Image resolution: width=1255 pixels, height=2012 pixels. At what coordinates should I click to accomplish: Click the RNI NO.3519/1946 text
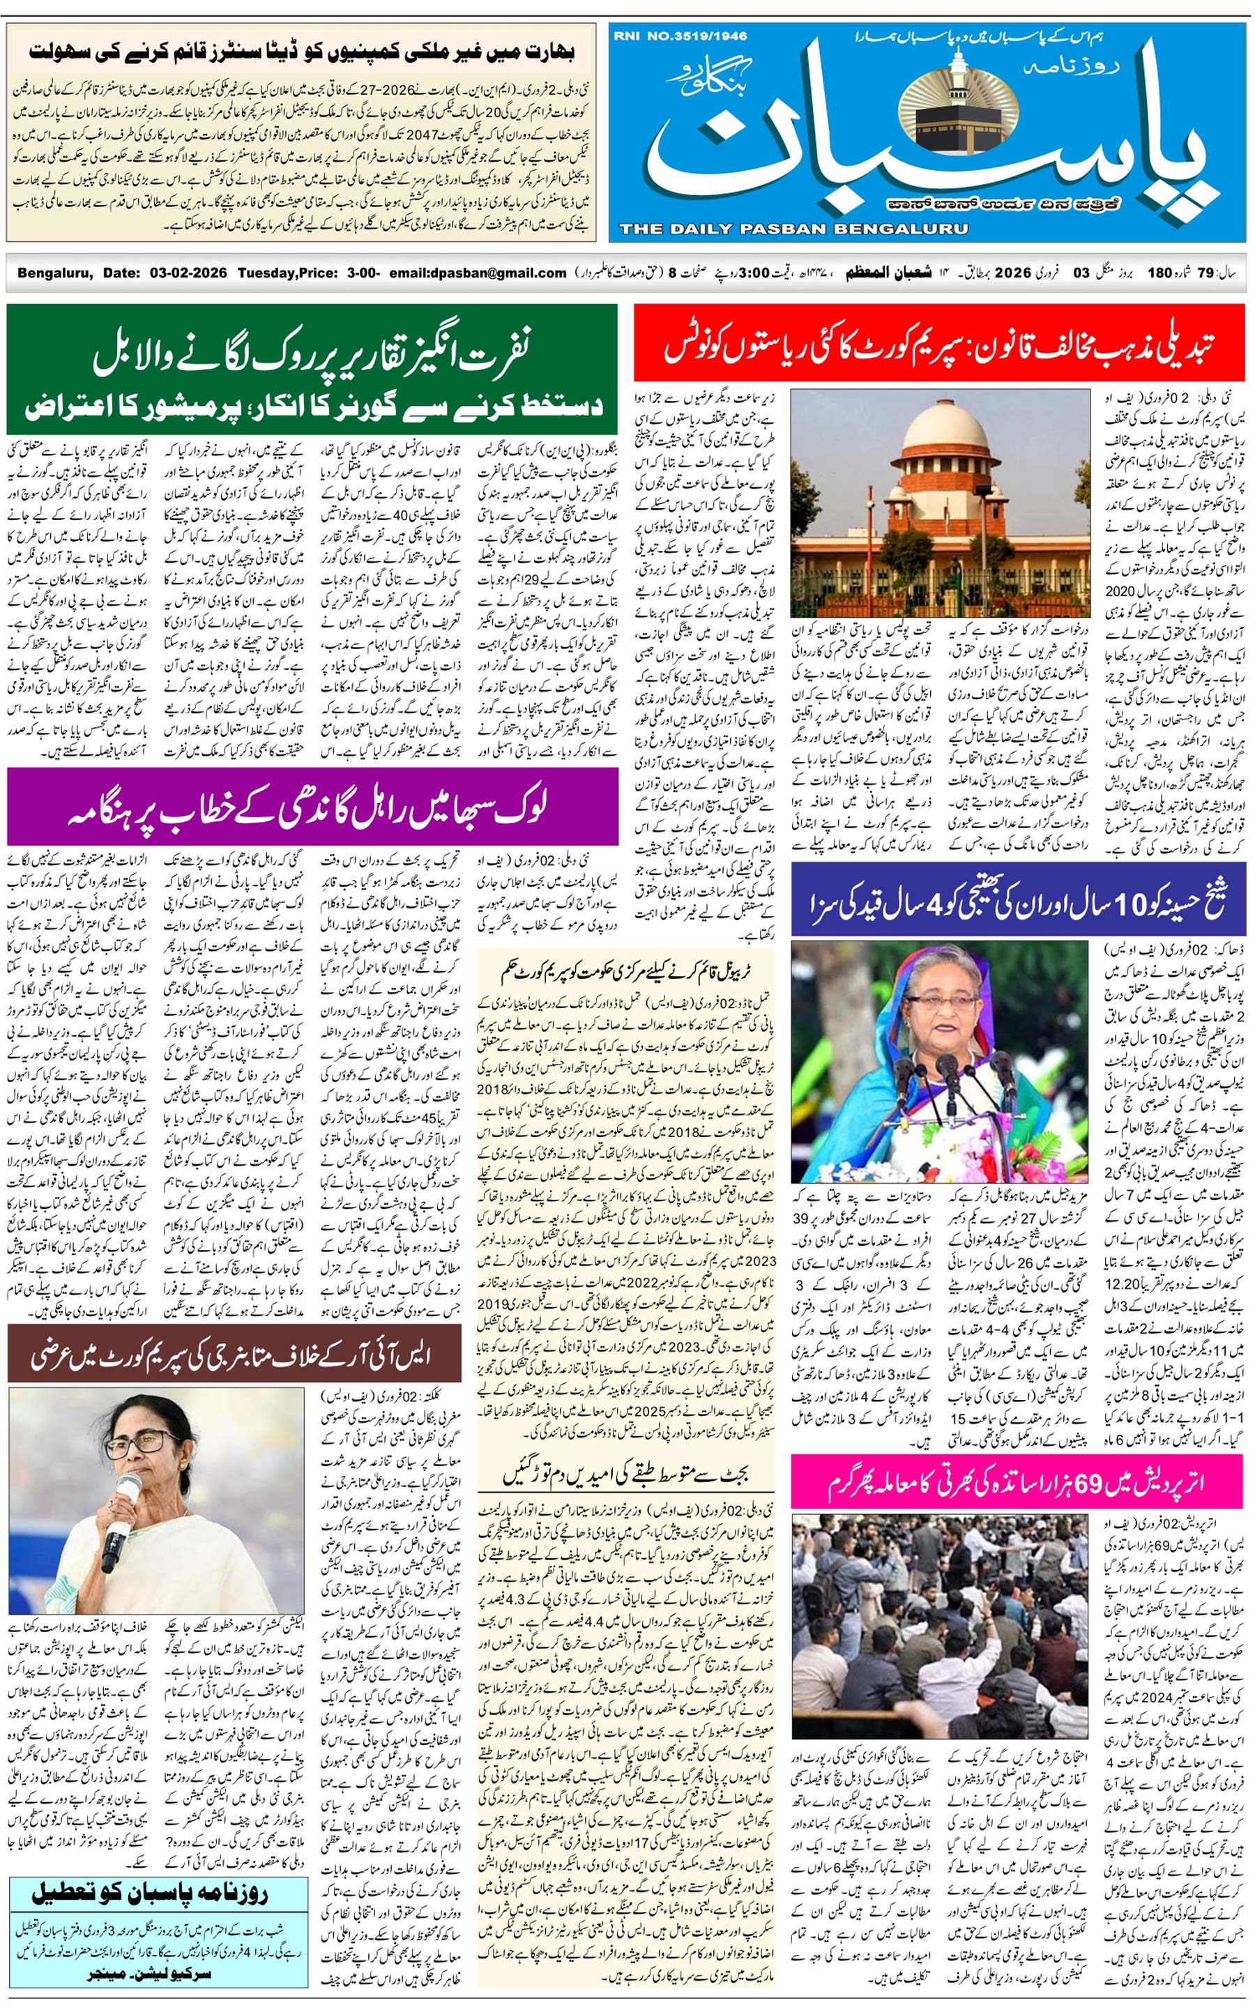click(680, 36)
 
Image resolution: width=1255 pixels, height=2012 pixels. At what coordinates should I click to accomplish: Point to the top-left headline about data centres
click(301, 51)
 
